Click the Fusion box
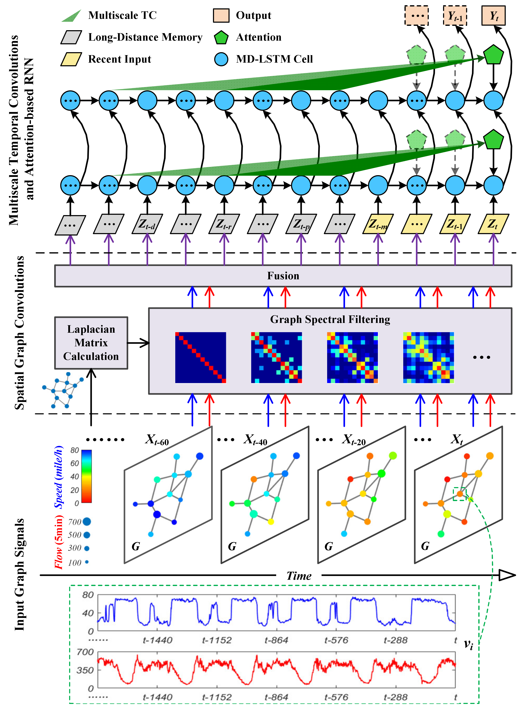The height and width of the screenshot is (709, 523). (x=283, y=276)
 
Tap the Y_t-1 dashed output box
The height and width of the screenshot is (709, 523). (x=455, y=16)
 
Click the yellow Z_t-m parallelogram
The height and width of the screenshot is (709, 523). (x=378, y=224)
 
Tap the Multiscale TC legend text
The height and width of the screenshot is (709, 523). (x=122, y=15)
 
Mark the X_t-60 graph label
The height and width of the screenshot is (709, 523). (x=157, y=439)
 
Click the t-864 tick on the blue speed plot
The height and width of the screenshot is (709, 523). (x=276, y=640)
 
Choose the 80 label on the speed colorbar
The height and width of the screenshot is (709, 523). (x=75, y=450)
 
